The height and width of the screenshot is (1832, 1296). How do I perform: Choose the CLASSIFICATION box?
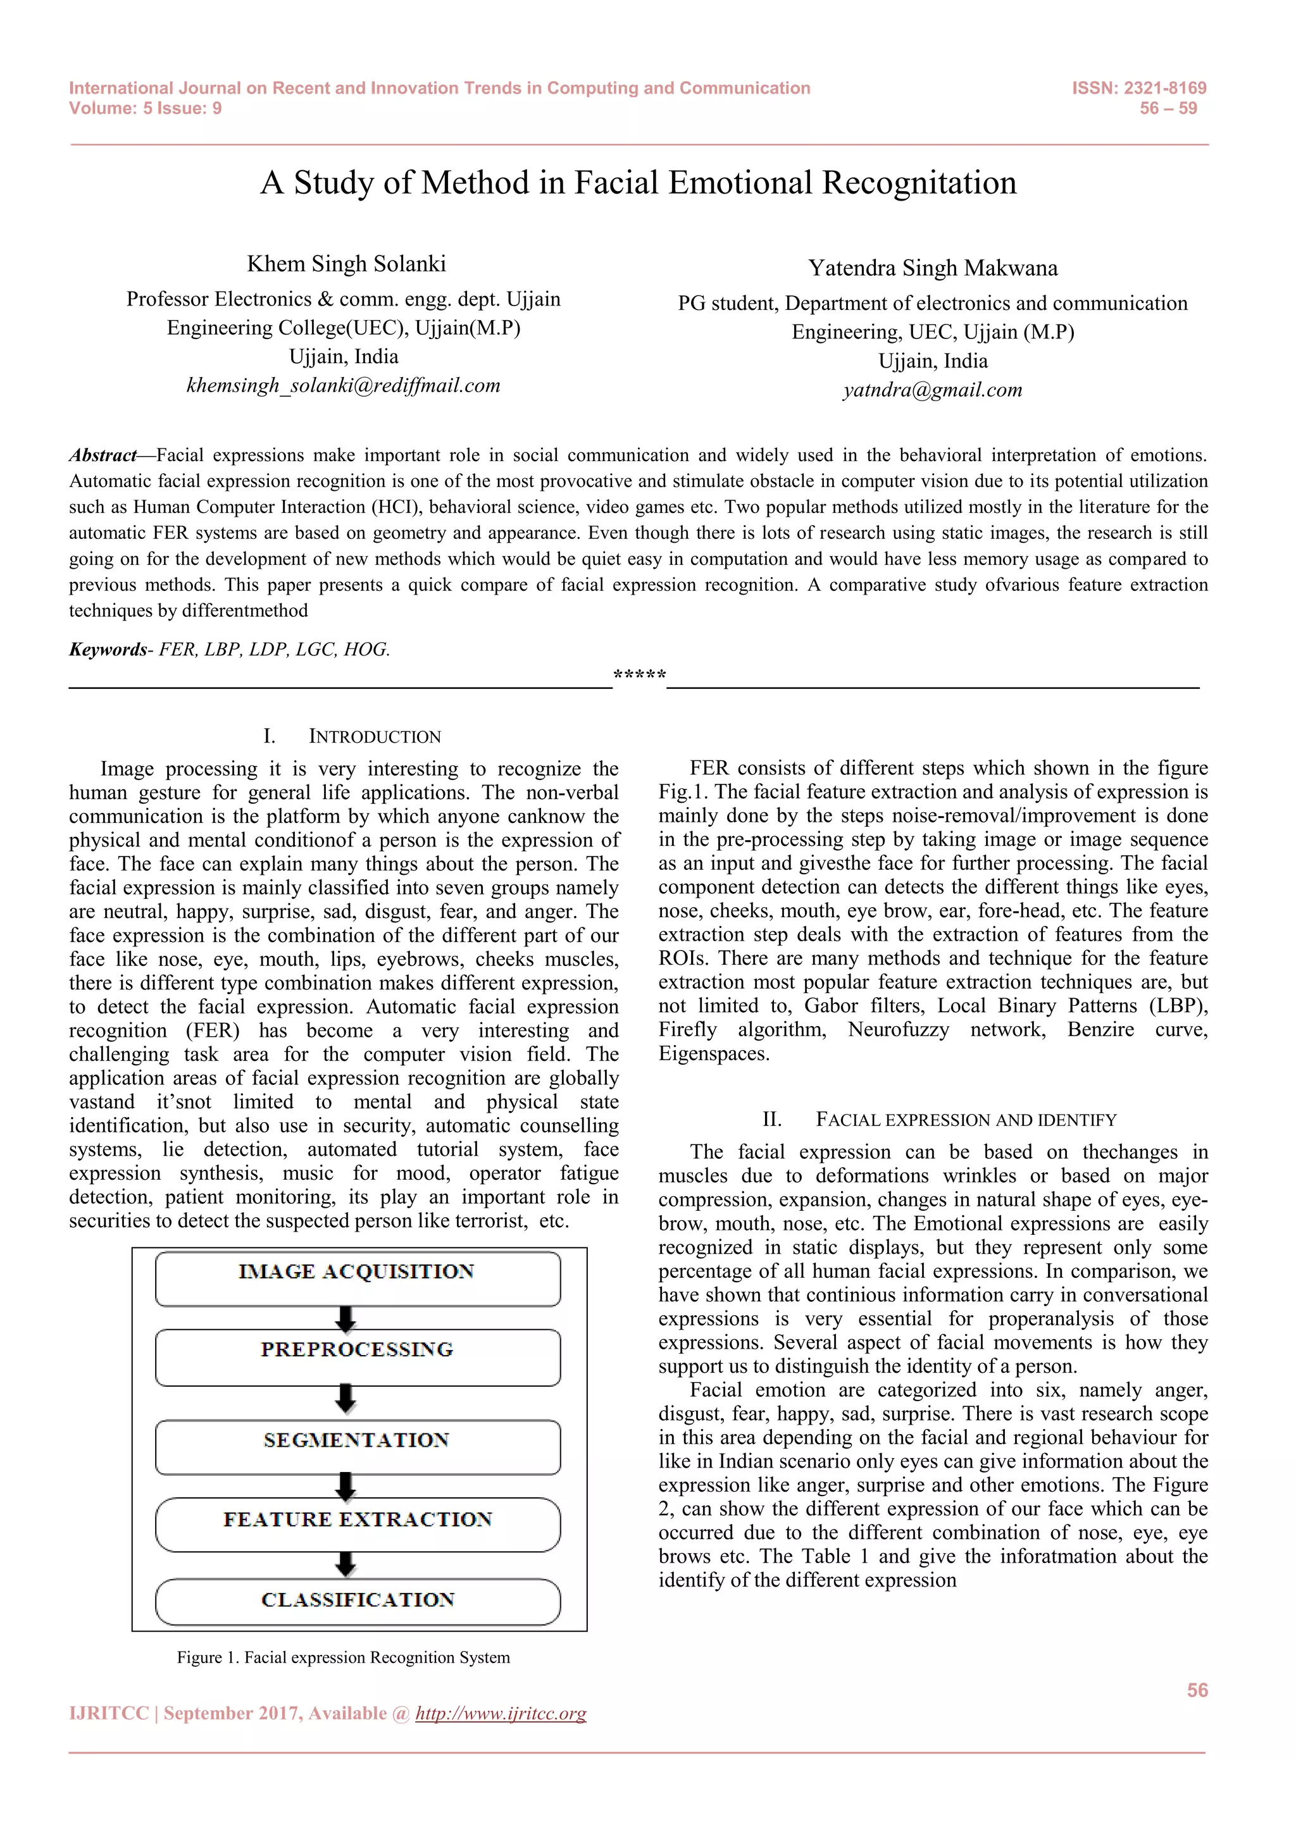pos(358,1600)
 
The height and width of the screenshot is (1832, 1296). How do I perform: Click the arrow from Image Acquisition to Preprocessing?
pos(346,1319)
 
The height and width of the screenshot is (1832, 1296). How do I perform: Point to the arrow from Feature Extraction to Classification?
pos(346,1564)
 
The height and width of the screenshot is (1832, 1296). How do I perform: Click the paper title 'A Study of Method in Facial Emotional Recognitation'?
pos(639,183)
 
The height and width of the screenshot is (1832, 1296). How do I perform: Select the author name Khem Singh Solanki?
pos(346,264)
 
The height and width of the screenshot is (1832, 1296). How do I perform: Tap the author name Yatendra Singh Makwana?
pos(933,268)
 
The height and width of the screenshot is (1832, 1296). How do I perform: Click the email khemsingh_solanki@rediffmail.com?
pos(343,385)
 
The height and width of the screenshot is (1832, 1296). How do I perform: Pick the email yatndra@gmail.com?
pos(932,390)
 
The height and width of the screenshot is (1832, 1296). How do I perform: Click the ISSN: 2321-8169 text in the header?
pos(1139,89)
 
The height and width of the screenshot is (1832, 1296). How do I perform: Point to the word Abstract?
pos(102,455)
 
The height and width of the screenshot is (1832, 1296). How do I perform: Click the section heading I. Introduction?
pos(352,736)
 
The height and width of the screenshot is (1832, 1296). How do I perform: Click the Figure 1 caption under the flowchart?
pos(343,1657)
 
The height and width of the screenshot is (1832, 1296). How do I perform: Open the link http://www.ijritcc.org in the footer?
pos(501,1713)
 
